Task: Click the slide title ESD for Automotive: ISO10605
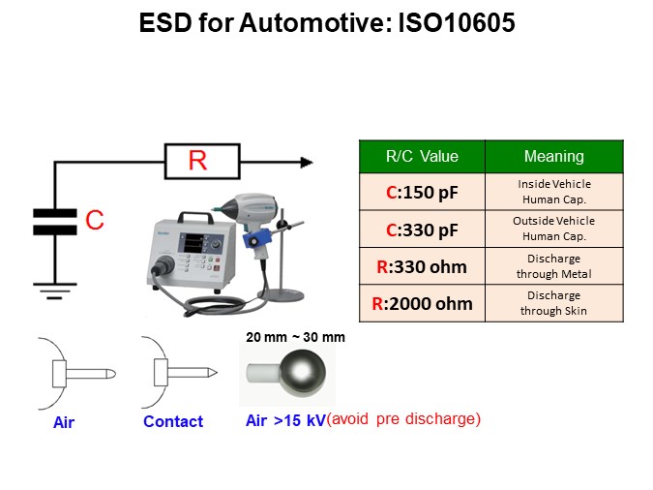click(327, 22)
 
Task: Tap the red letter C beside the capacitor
click(95, 222)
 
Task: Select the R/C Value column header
click(422, 156)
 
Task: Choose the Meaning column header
click(553, 156)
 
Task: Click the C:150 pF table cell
click(422, 192)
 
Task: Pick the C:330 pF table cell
click(422, 229)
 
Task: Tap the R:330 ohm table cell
click(422, 266)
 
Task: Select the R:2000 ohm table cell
click(422, 303)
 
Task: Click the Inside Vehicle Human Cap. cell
click(553, 192)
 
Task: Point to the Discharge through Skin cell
click(553, 303)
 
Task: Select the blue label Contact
click(173, 422)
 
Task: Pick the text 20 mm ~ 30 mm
click(295, 337)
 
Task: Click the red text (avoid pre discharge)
click(403, 419)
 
